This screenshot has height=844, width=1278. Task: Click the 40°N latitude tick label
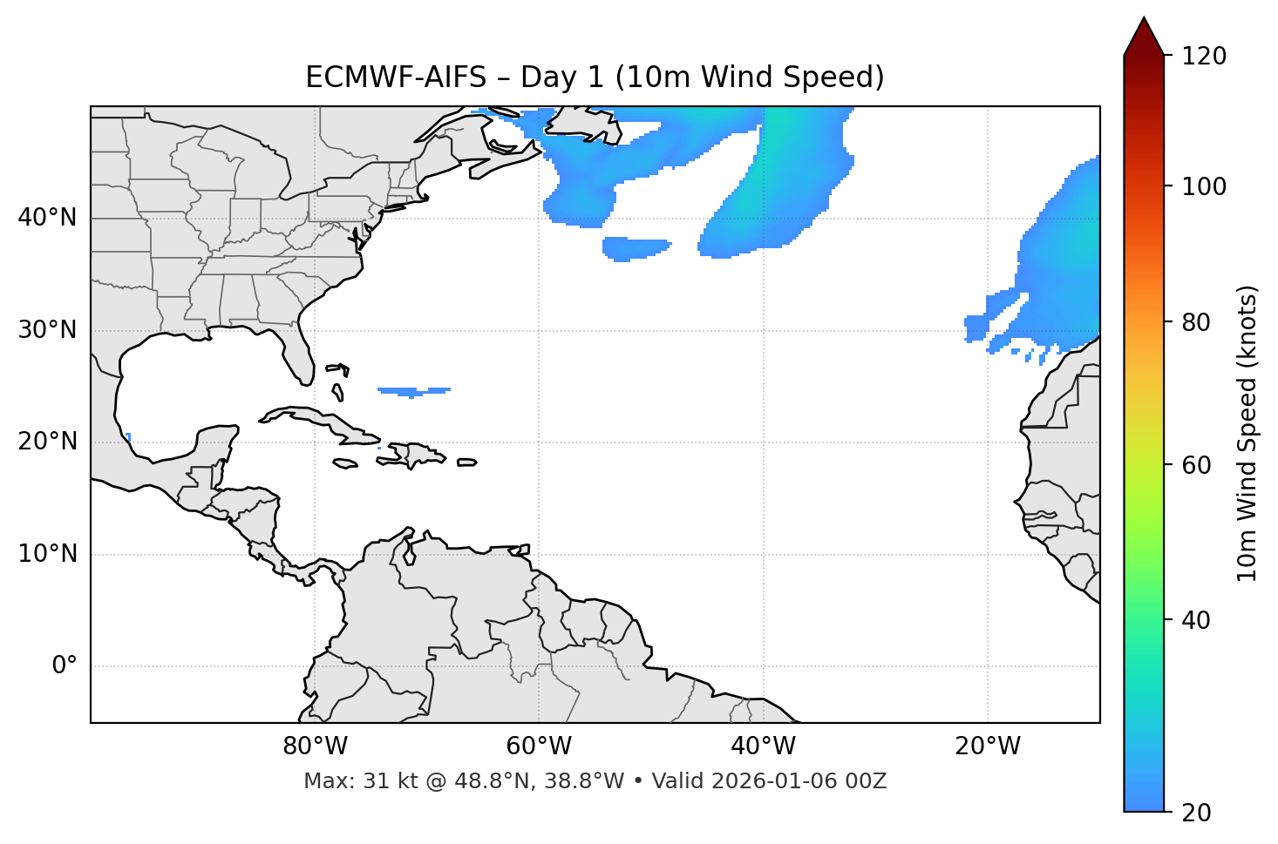point(47,218)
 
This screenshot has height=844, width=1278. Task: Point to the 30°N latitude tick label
point(47,330)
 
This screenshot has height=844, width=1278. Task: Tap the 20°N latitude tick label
point(47,442)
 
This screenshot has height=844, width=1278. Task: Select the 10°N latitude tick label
point(47,554)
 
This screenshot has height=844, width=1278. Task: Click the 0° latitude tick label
point(65,666)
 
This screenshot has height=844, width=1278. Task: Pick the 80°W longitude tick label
point(315,746)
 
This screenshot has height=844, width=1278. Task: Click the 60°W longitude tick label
point(539,746)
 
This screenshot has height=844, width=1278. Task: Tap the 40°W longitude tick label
point(764,746)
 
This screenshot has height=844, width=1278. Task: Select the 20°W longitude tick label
point(988,746)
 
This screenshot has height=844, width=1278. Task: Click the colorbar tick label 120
point(1203,57)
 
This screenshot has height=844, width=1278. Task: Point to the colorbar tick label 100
point(1203,186)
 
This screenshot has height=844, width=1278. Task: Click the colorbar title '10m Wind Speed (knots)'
point(1247,433)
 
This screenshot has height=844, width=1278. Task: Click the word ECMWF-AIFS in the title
point(396,78)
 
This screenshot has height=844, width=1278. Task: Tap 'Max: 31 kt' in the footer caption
point(344,781)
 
